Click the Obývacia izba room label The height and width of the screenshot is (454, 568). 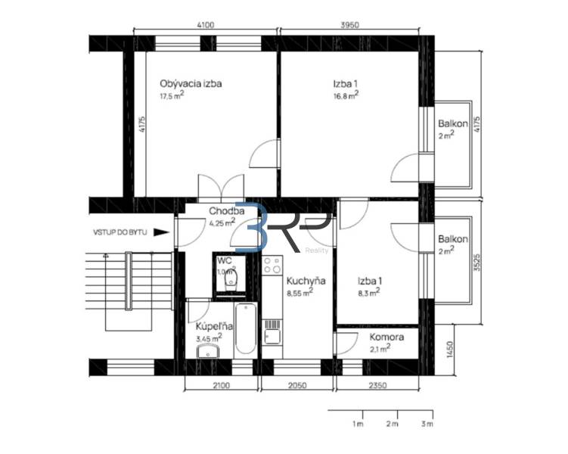coord(191,84)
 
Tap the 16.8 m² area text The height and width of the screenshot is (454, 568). coord(346,95)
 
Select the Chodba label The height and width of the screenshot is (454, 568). coord(226,211)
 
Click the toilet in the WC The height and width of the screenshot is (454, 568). coord(231,280)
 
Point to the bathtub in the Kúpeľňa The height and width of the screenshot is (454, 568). coord(246,329)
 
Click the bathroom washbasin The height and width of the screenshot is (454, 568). coord(208,351)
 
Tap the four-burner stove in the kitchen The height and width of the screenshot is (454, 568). coord(272,265)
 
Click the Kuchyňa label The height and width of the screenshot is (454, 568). coord(306,281)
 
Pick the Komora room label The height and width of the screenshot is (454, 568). coord(386,337)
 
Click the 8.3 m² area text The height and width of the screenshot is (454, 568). coord(369,292)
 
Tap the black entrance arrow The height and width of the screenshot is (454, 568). coord(161,232)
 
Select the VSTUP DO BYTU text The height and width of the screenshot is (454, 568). coord(120,232)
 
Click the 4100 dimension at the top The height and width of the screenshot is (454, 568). coord(206,25)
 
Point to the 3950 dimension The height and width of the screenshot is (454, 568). coord(350,25)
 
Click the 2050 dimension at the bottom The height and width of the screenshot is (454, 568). coord(297,385)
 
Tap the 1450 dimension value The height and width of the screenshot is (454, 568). coord(450,350)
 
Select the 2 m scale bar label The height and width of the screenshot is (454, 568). coord(393,424)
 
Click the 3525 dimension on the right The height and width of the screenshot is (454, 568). coord(477,262)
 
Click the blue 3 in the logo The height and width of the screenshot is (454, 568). coord(252,227)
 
